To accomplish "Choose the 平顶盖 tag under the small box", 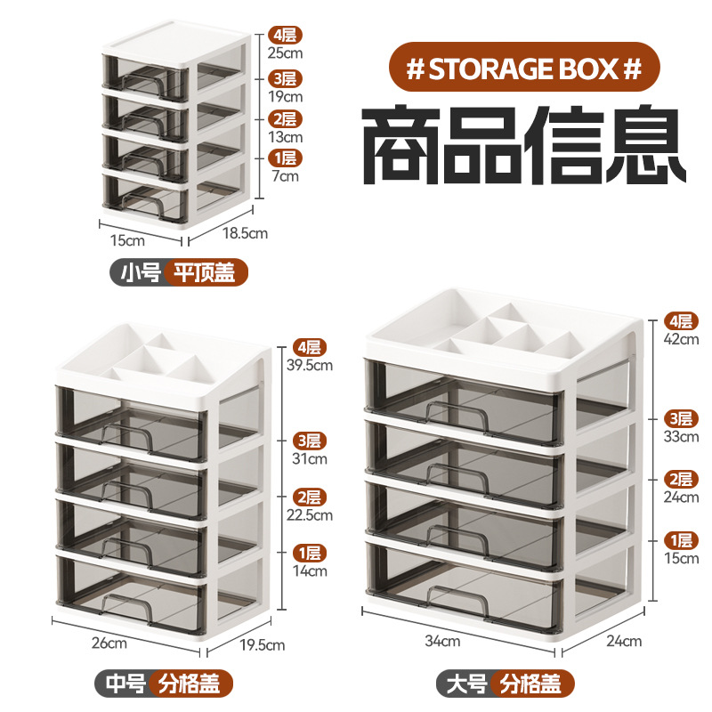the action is [x=205, y=272].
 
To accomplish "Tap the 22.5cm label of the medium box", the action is [x=310, y=514].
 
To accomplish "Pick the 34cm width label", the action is [x=442, y=640].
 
